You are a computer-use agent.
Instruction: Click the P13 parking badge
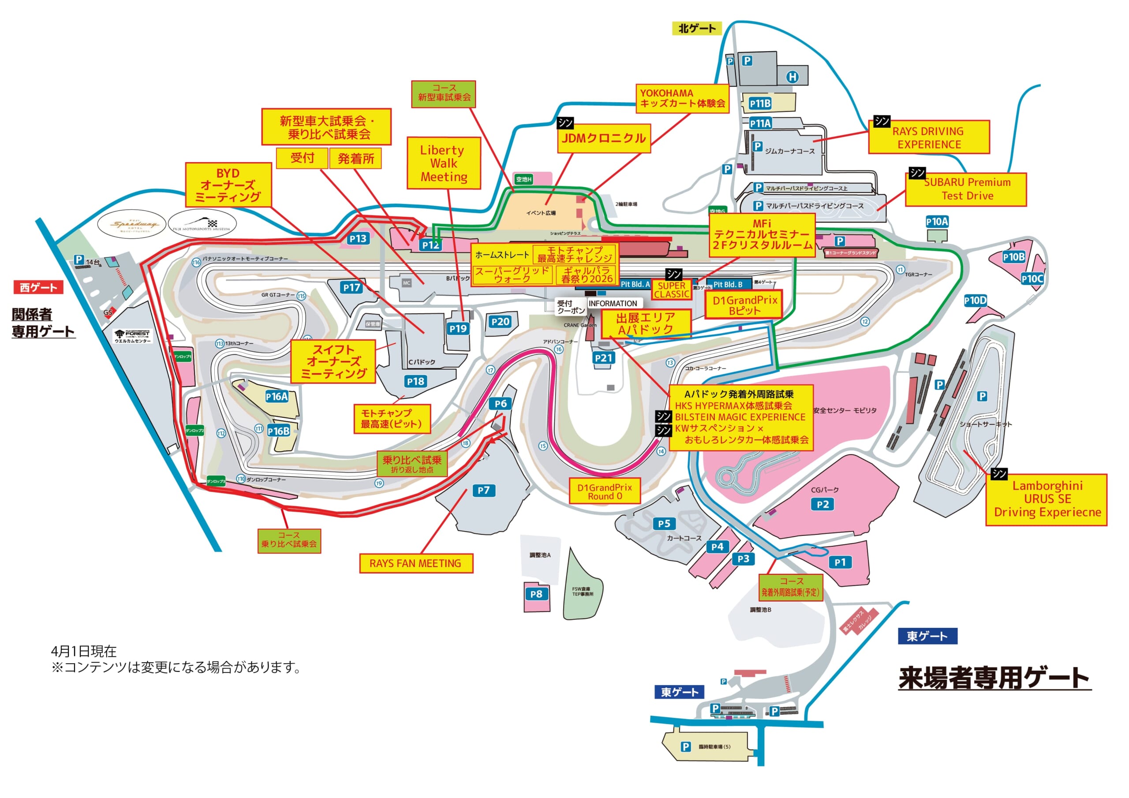[358, 239]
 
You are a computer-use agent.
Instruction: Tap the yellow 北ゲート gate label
[697, 29]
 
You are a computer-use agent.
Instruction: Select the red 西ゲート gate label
[38, 287]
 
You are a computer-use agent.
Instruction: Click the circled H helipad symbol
[792, 77]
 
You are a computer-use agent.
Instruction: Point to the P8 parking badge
[536, 594]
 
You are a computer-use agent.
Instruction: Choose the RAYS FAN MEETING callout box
[415, 563]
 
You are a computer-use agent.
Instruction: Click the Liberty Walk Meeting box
[444, 163]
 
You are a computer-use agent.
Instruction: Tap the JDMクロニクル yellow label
[603, 138]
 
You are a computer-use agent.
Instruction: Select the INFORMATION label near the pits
[613, 304]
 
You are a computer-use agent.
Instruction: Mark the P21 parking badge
[603, 358]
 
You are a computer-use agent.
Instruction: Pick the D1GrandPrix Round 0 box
[604, 491]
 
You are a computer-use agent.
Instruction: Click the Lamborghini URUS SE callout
[1047, 499]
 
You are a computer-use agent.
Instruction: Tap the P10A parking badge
[937, 222]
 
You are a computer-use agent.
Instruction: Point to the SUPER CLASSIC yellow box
[672, 290]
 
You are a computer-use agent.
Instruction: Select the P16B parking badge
[278, 431]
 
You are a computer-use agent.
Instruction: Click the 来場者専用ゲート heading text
[994, 678]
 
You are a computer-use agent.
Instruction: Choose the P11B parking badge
[760, 104]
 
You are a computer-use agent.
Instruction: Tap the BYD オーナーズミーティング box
[228, 185]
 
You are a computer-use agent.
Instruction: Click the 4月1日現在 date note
[84, 652]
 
